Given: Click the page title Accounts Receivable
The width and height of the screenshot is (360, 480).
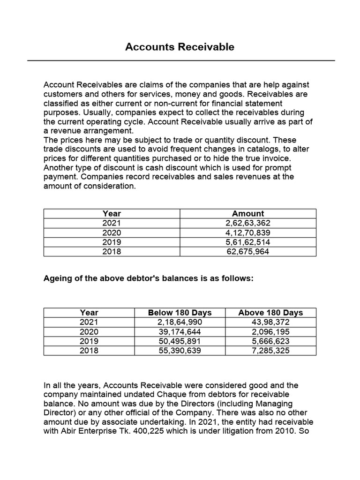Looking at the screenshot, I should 180,47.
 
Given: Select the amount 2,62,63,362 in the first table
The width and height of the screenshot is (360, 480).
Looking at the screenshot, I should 248,223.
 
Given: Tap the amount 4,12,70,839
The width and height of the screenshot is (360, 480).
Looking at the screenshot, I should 248,232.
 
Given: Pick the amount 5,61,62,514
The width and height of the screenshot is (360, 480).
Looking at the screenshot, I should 248,242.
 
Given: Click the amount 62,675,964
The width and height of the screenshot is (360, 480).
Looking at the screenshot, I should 248,251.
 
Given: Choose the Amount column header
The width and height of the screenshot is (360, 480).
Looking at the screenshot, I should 248,214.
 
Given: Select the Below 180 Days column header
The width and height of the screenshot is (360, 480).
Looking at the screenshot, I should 180,313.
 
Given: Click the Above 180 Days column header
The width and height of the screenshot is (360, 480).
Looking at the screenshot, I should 270,313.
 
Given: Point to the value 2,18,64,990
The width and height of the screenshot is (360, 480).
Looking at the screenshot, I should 180,322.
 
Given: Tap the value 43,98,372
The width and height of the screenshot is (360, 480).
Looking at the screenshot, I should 270,322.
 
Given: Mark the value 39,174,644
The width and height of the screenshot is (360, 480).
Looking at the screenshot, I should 180,331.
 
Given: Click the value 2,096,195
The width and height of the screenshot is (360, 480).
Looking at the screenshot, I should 270,331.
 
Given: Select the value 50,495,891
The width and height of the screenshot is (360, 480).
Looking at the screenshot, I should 180,341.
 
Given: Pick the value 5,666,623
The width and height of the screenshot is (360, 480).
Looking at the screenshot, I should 270,341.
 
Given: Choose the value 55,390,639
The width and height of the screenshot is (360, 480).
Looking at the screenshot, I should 180,350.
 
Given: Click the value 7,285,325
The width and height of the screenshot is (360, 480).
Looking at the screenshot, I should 270,350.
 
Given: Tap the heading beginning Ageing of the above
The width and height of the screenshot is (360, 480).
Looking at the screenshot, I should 148,278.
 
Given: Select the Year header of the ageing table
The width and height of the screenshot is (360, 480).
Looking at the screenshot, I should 89,313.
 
